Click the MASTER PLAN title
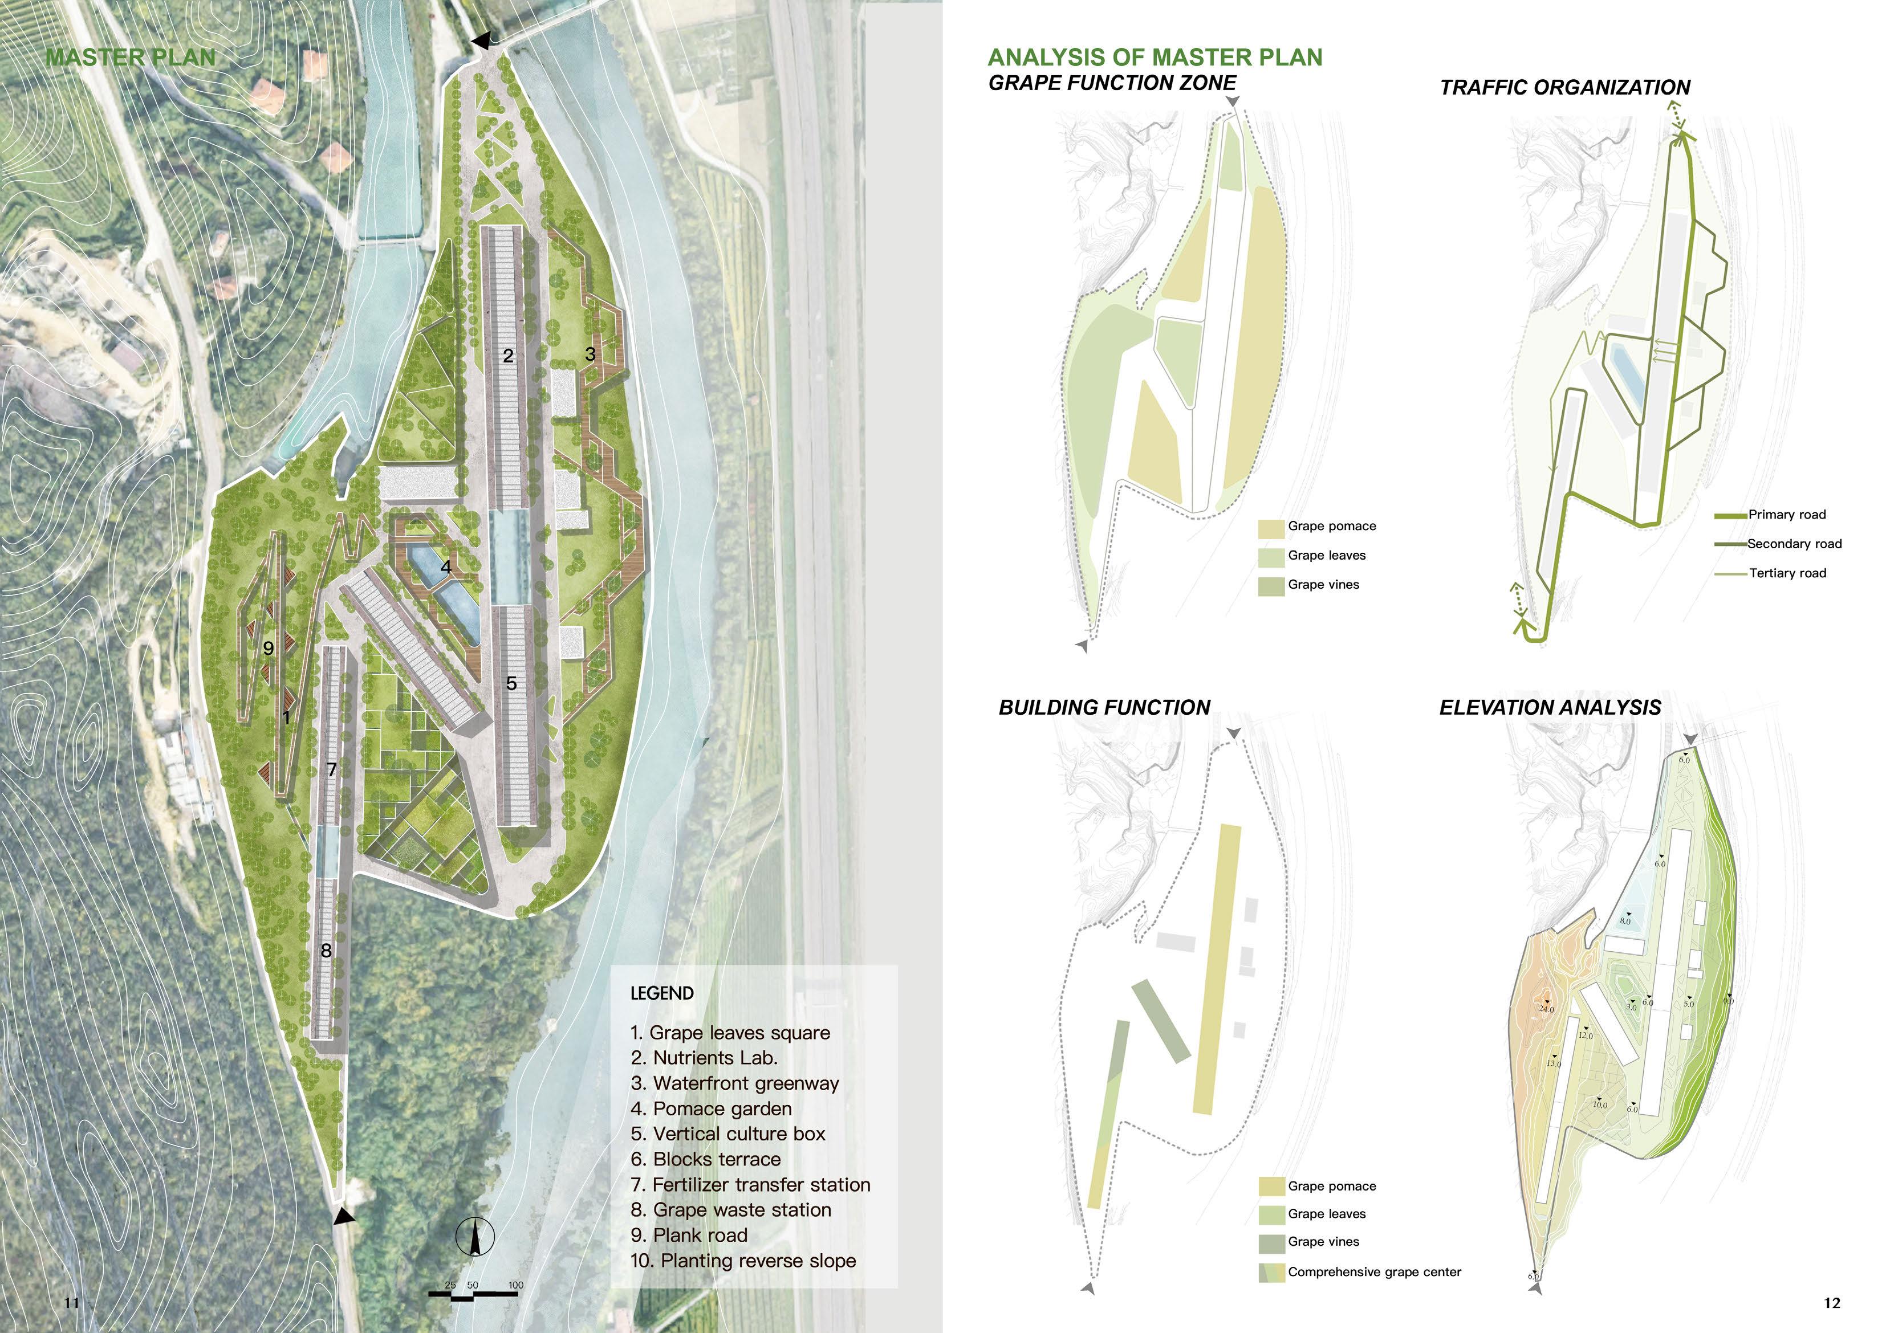[x=131, y=58]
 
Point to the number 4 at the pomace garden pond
[x=446, y=566]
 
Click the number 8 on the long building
[x=326, y=950]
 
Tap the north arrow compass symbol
[x=475, y=1237]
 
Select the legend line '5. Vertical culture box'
[x=727, y=1134]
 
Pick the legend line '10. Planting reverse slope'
[x=742, y=1261]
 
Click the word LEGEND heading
[x=661, y=993]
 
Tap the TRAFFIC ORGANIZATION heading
[x=1565, y=88]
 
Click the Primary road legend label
[x=1787, y=515]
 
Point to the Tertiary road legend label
[x=1787, y=573]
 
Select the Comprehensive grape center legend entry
[x=1373, y=1272]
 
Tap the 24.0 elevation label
[x=1547, y=1009]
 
